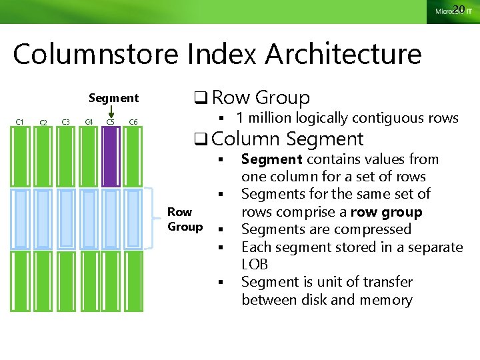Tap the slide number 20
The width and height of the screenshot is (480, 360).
[x=458, y=9]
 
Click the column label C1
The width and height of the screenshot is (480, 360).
[x=20, y=121]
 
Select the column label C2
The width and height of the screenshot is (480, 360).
[x=43, y=122]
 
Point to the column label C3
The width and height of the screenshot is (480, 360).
[x=65, y=121]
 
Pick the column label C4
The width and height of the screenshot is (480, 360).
[x=89, y=121]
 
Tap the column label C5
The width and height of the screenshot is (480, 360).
[x=111, y=121]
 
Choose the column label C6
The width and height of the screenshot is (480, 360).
[x=133, y=121]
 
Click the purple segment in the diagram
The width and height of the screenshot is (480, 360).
[x=111, y=157]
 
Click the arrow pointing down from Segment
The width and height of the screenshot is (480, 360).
[x=111, y=113]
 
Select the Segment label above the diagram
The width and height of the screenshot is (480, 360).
[x=113, y=98]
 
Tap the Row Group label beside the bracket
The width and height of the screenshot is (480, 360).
[x=185, y=219]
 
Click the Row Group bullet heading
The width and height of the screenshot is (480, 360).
[x=261, y=98]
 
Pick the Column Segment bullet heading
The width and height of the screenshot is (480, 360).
[x=287, y=139]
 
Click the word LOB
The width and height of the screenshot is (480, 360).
[x=254, y=265]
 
